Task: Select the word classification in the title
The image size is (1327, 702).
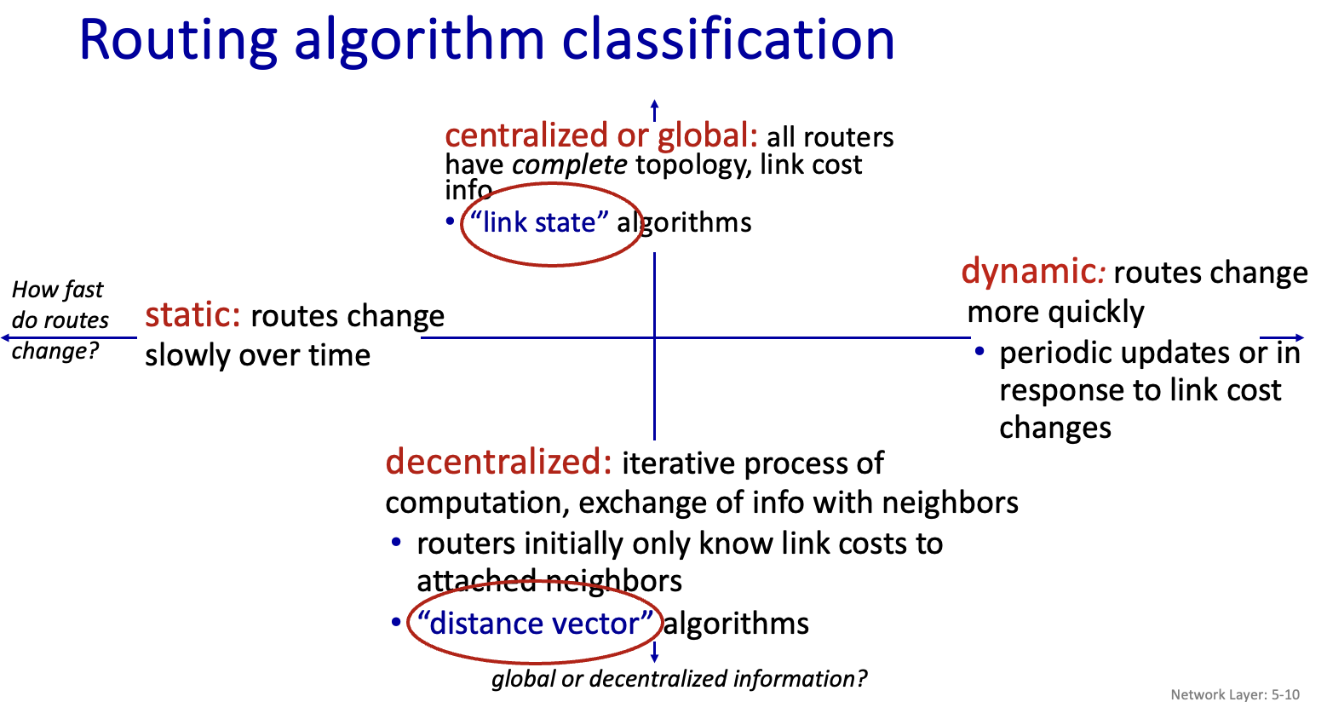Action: [728, 38]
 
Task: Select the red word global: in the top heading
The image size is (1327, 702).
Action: [707, 136]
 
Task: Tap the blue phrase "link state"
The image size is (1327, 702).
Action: [539, 222]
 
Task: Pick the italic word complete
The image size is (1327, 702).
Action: [569, 165]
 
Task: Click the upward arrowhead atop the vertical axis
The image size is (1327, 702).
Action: [655, 105]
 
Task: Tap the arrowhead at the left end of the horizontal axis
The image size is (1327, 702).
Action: [7, 337]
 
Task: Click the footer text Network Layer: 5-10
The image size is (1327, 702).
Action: [1235, 694]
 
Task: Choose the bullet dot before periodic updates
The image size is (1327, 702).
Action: [979, 351]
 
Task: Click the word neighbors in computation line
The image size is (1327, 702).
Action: [951, 503]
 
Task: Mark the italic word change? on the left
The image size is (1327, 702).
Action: [55, 351]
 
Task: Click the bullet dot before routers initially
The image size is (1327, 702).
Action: [396, 542]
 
